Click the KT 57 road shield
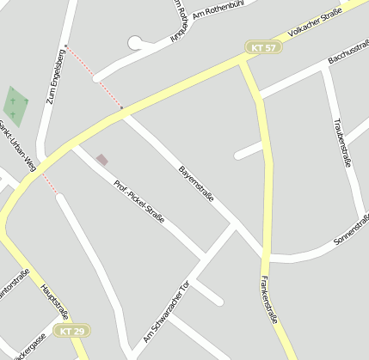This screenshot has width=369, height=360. click(x=263, y=48)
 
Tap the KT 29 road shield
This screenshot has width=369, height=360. click(x=73, y=331)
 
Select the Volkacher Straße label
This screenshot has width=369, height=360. click(x=315, y=21)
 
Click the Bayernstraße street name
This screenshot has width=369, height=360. click(x=196, y=184)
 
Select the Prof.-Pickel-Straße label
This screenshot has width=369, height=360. click(x=139, y=199)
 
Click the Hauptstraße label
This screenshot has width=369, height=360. click(x=53, y=302)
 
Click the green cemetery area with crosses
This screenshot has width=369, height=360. click(x=15, y=105)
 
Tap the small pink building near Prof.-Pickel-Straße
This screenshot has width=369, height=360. click(x=102, y=160)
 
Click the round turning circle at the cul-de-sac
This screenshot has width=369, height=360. click(x=135, y=42)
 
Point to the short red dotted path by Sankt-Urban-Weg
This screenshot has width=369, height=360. click(x=49, y=182)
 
